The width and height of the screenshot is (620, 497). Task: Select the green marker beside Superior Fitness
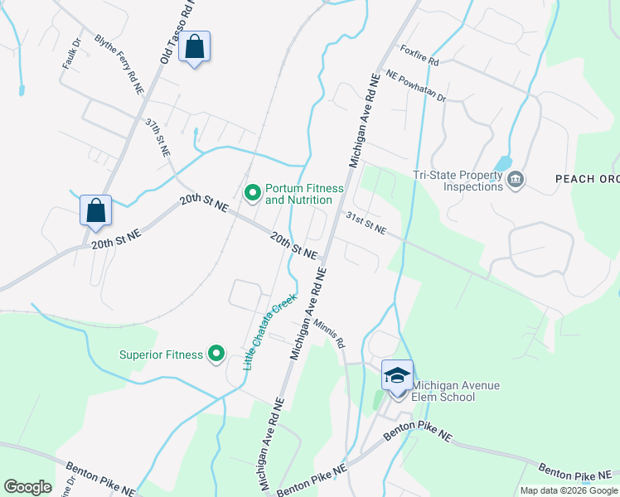(216, 355)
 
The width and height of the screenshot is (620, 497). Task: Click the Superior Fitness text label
(161, 355)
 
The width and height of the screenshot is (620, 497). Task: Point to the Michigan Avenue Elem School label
(443, 391)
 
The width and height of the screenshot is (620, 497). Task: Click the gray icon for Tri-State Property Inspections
(516, 180)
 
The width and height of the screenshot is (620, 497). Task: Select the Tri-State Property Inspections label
(458, 181)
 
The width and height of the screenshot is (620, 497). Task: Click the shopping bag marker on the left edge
(95, 211)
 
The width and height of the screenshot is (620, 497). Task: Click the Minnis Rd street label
(327, 330)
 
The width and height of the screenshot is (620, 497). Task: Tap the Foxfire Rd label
(419, 55)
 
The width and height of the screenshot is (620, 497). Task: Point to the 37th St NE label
(157, 138)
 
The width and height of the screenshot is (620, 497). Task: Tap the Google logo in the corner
(28, 486)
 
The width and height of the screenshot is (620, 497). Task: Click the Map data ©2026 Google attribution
(568, 490)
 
